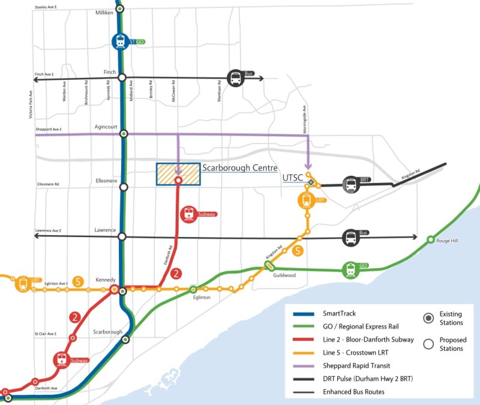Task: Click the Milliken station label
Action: [104, 13]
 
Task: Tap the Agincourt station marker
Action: [124, 133]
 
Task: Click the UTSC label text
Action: [292, 178]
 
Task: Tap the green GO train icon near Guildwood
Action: [350, 270]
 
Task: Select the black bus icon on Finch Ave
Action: [235, 77]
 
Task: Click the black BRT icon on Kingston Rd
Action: [350, 184]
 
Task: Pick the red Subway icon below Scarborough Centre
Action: [190, 214]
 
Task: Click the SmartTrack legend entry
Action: [340, 313]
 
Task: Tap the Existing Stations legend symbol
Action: [428, 317]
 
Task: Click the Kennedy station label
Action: [106, 280]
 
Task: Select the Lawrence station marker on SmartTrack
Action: [122, 236]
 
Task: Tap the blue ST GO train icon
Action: [121, 41]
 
